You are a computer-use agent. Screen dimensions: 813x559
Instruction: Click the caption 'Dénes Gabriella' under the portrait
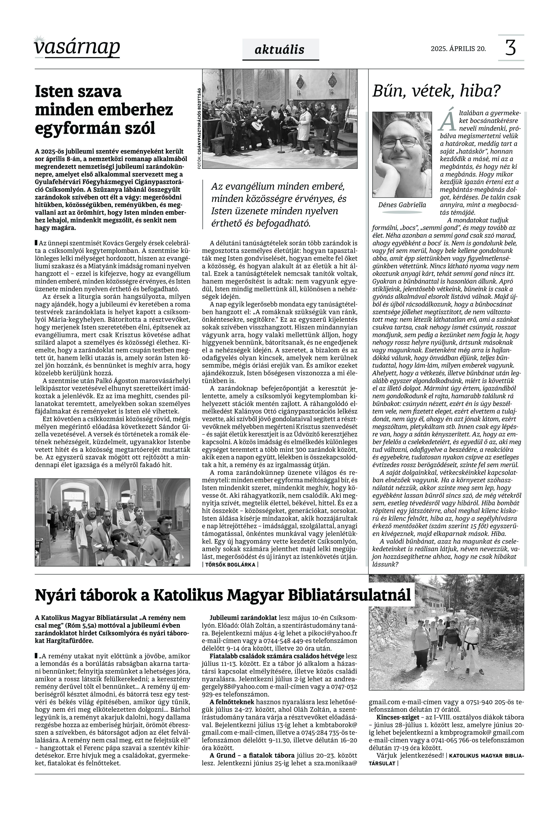402,205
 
